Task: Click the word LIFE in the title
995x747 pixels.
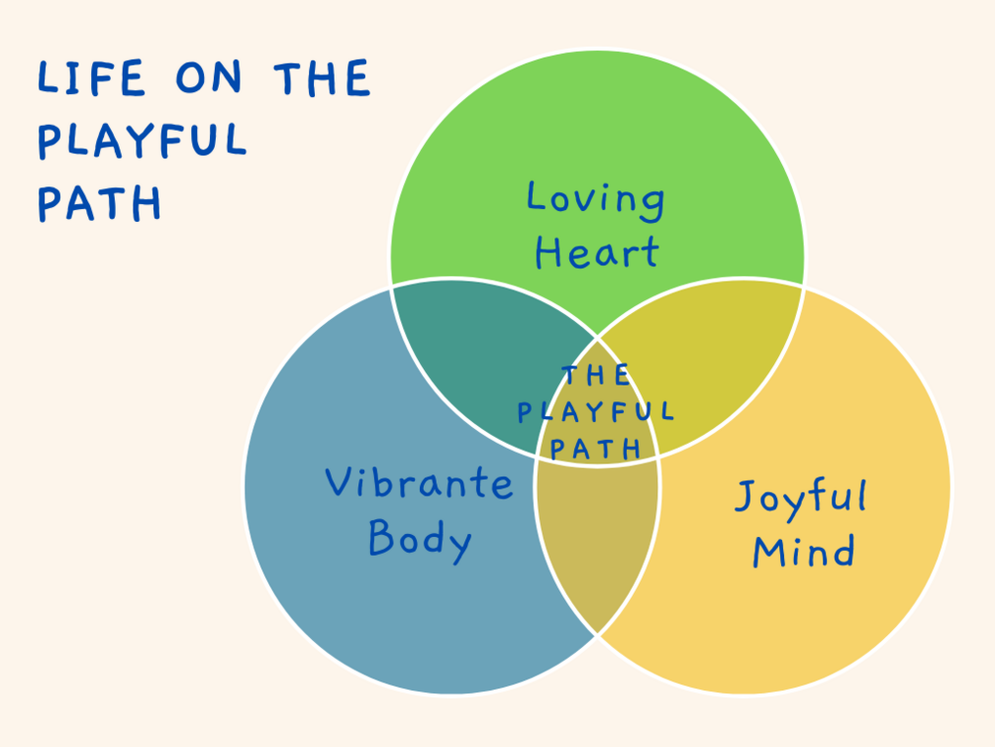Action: (x=91, y=78)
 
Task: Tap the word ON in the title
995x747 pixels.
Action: (x=208, y=77)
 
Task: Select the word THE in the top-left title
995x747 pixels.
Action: (x=322, y=78)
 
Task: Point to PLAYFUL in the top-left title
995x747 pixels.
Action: (x=143, y=140)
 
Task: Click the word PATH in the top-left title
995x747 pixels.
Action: (x=100, y=203)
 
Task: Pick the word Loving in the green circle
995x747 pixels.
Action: (x=596, y=199)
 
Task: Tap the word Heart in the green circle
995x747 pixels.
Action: (x=597, y=253)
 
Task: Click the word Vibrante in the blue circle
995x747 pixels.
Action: (x=419, y=482)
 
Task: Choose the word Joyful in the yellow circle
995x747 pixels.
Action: (x=801, y=500)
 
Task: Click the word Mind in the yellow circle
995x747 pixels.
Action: (x=803, y=550)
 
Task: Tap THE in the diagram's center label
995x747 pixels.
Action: (x=596, y=374)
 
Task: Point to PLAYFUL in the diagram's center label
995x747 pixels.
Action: (x=596, y=412)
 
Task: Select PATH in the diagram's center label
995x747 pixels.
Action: (x=596, y=449)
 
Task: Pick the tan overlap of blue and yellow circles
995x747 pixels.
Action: (x=597, y=540)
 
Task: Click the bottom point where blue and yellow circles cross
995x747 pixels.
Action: (x=597, y=635)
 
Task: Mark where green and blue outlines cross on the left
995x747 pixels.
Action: (x=391, y=287)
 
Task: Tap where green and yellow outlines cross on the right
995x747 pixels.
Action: (x=803, y=287)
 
